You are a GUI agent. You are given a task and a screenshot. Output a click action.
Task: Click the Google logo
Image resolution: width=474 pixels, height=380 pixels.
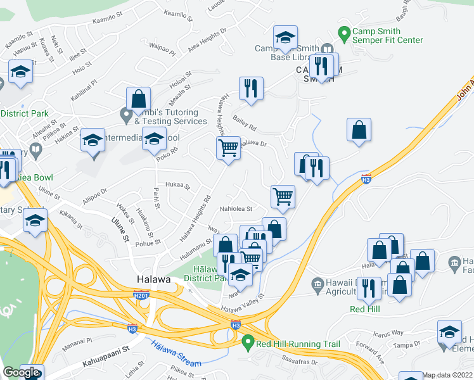tap(21, 373)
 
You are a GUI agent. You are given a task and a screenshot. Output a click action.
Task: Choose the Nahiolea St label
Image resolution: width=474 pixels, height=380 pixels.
tap(236, 209)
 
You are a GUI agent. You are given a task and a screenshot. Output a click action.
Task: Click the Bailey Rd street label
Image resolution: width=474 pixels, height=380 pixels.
tap(244, 118)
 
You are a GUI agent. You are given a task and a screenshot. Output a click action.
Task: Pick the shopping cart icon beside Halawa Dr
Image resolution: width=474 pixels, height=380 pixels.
tap(228, 148)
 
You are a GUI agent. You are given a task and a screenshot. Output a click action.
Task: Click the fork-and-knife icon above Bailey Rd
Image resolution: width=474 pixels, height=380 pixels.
tap(252, 89)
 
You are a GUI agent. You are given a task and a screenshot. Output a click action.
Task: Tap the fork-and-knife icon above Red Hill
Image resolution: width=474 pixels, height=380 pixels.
tap(368, 288)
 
